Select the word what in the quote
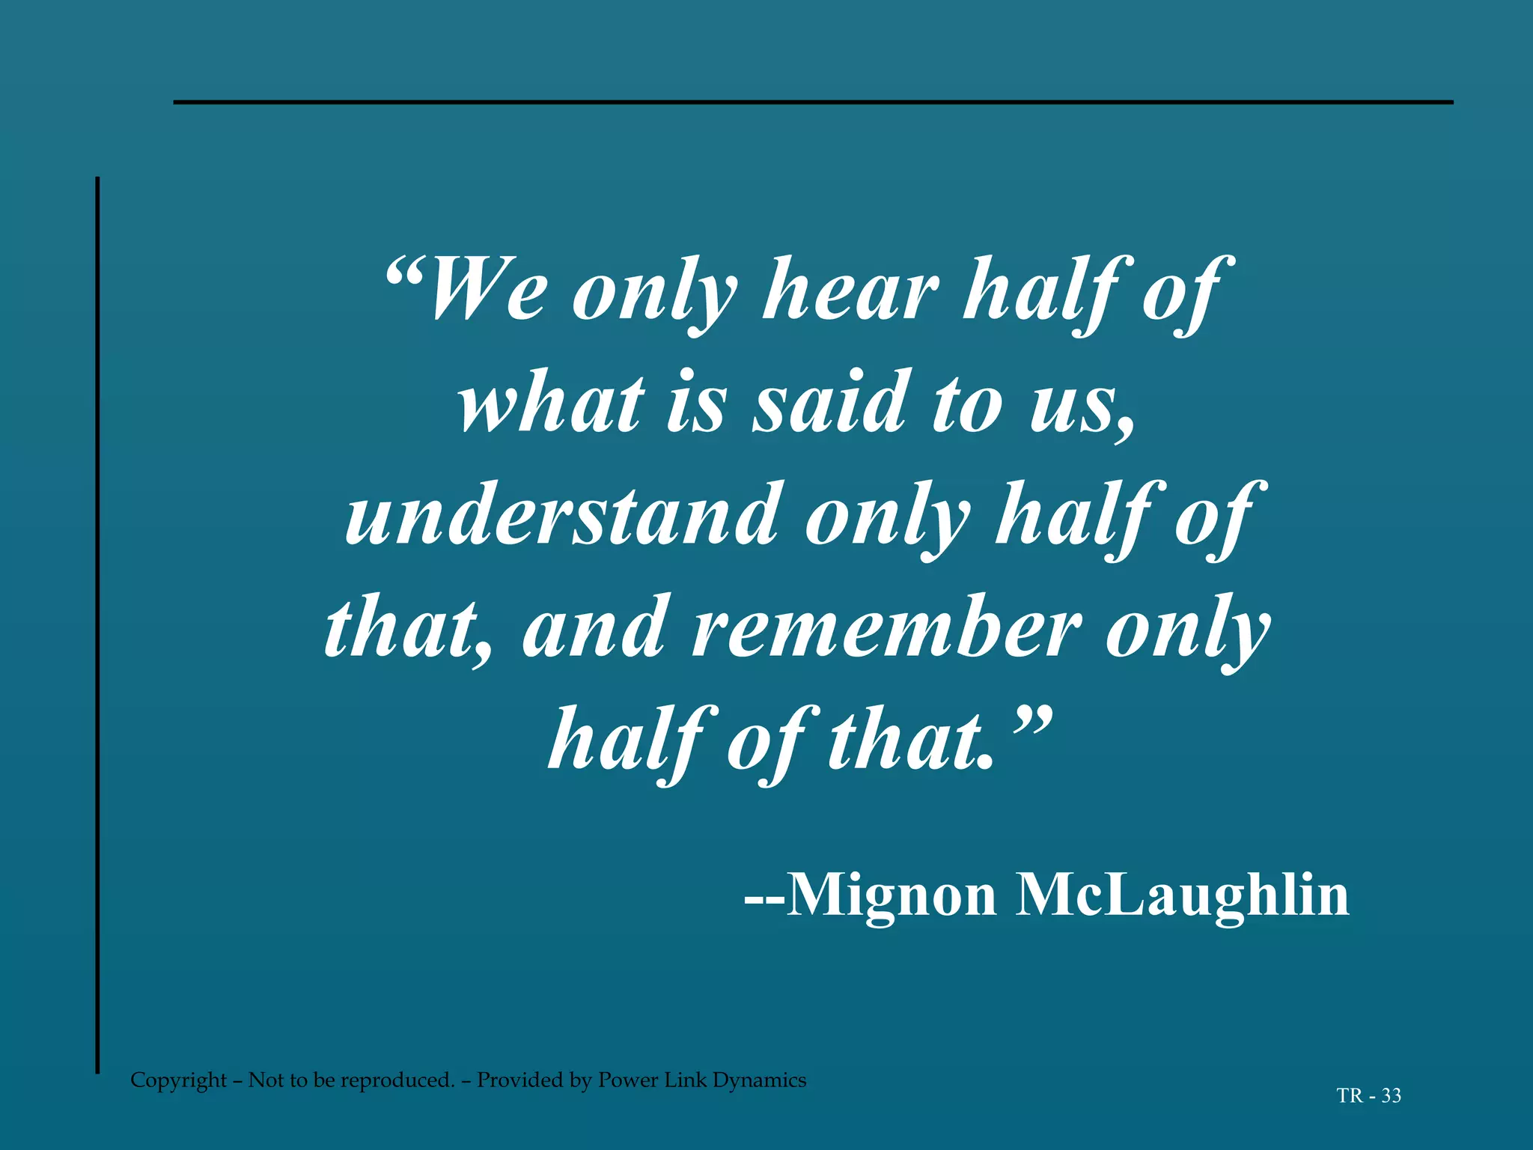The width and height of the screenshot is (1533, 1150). tap(552, 402)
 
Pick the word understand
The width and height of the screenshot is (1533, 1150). tap(562, 514)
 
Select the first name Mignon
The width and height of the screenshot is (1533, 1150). tap(891, 895)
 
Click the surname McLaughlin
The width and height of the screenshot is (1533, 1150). tap(1182, 895)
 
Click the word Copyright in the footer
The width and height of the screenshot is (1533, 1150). tap(178, 1080)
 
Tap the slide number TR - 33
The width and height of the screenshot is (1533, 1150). tap(1368, 1096)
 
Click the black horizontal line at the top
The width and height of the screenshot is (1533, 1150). tap(813, 102)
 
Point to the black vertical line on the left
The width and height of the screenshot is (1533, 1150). tap(97, 625)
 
